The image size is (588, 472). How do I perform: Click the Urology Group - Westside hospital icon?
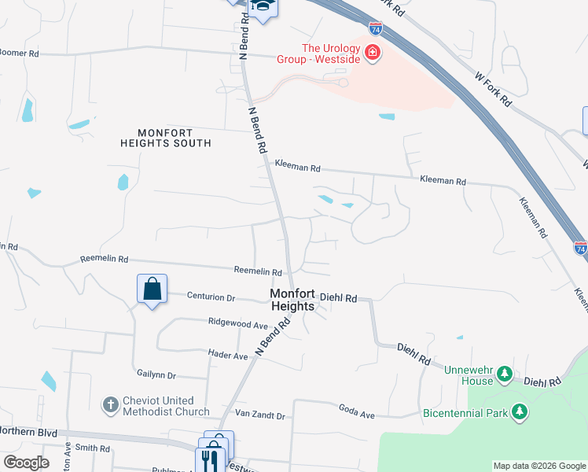click(372, 53)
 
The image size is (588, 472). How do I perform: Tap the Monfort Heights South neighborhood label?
click(166, 138)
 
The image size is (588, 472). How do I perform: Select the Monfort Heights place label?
click(292, 300)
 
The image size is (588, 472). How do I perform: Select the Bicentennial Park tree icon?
click(519, 411)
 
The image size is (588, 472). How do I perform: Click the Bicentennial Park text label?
click(465, 412)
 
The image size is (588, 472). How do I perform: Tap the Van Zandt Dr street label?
click(259, 415)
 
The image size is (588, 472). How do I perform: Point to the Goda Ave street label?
click(356, 409)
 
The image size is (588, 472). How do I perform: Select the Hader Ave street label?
click(228, 356)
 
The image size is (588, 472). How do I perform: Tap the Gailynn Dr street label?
click(156, 375)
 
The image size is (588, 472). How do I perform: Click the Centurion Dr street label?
click(211, 297)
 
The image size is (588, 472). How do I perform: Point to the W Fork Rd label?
click(493, 89)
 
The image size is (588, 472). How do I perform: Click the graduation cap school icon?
click(262, 7)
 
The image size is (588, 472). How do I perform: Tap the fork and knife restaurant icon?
click(210, 459)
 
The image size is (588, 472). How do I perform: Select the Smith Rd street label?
click(93, 448)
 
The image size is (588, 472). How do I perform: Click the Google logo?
click(26, 463)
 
